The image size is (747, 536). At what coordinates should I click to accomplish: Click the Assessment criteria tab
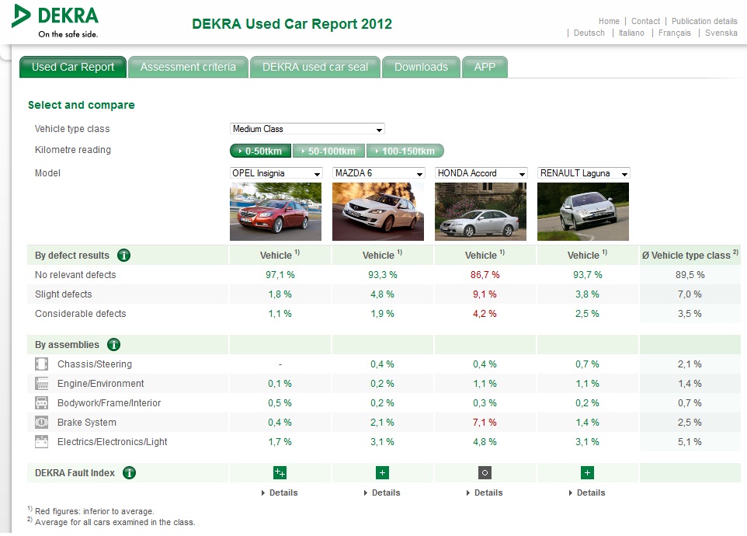(188, 67)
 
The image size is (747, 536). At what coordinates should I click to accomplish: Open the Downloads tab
(421, 67)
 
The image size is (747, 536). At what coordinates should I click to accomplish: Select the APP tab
(485, 67)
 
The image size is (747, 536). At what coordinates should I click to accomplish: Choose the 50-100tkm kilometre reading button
(328, 151)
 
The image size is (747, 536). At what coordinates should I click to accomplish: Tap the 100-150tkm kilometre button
(405, 151)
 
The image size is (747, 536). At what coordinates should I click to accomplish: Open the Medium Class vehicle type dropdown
(307, 129)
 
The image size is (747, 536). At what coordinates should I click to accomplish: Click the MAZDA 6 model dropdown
(379, 173)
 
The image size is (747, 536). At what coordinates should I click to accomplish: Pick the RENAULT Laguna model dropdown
(584, 173)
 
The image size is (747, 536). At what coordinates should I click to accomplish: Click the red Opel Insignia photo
(276, 211)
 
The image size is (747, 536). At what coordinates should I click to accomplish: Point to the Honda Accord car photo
(481, 211)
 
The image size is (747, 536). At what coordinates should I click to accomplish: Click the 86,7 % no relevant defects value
(485, 275)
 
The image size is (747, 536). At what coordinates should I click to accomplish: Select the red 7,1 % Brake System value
(485, 423)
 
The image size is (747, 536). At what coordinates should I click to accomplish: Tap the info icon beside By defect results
(124, 256)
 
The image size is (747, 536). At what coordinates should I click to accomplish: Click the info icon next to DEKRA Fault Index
(129, 472)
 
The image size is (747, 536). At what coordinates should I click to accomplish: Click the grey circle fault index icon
(485, 472)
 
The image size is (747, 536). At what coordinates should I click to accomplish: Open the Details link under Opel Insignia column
(280, 492)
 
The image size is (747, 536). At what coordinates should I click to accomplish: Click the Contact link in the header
(645, 21)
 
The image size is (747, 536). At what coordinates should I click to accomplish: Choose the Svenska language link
(721, 33)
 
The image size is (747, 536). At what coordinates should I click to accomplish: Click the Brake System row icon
(41, 422)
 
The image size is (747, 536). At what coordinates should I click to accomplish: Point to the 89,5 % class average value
(690, 275)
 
